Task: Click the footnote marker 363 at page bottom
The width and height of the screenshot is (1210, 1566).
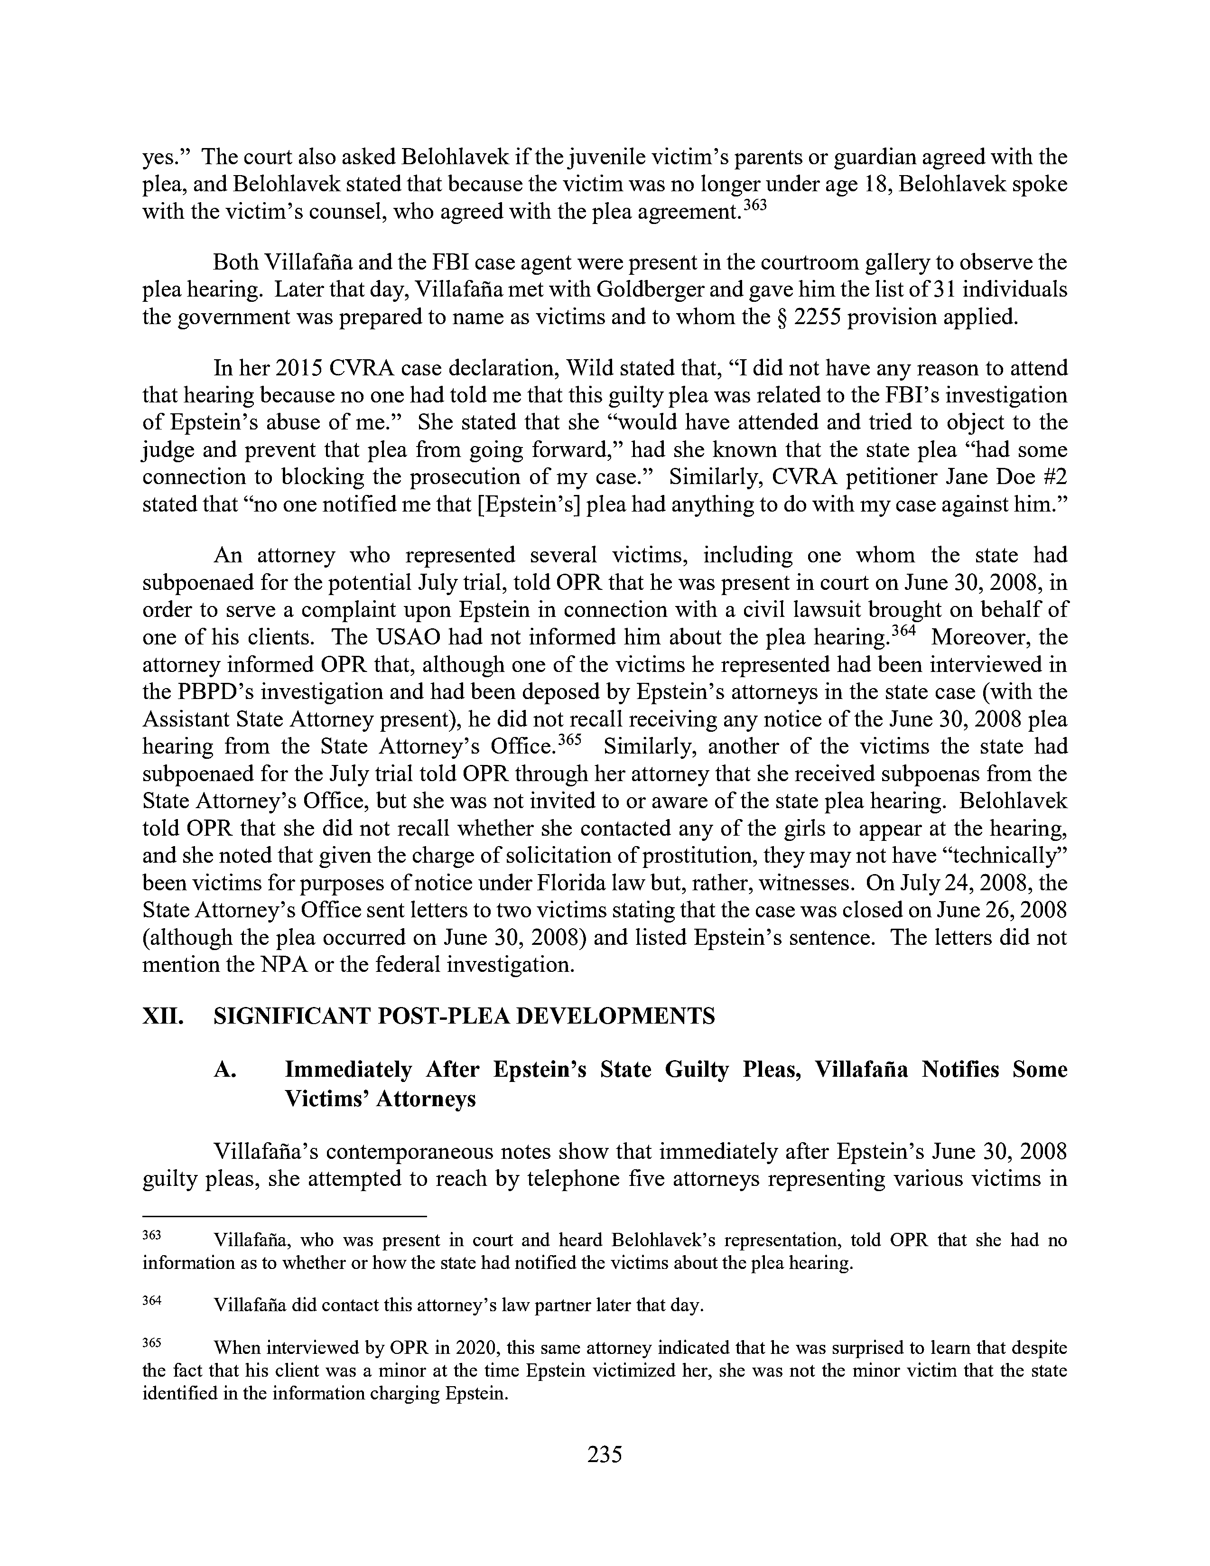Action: pos(153,1235)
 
